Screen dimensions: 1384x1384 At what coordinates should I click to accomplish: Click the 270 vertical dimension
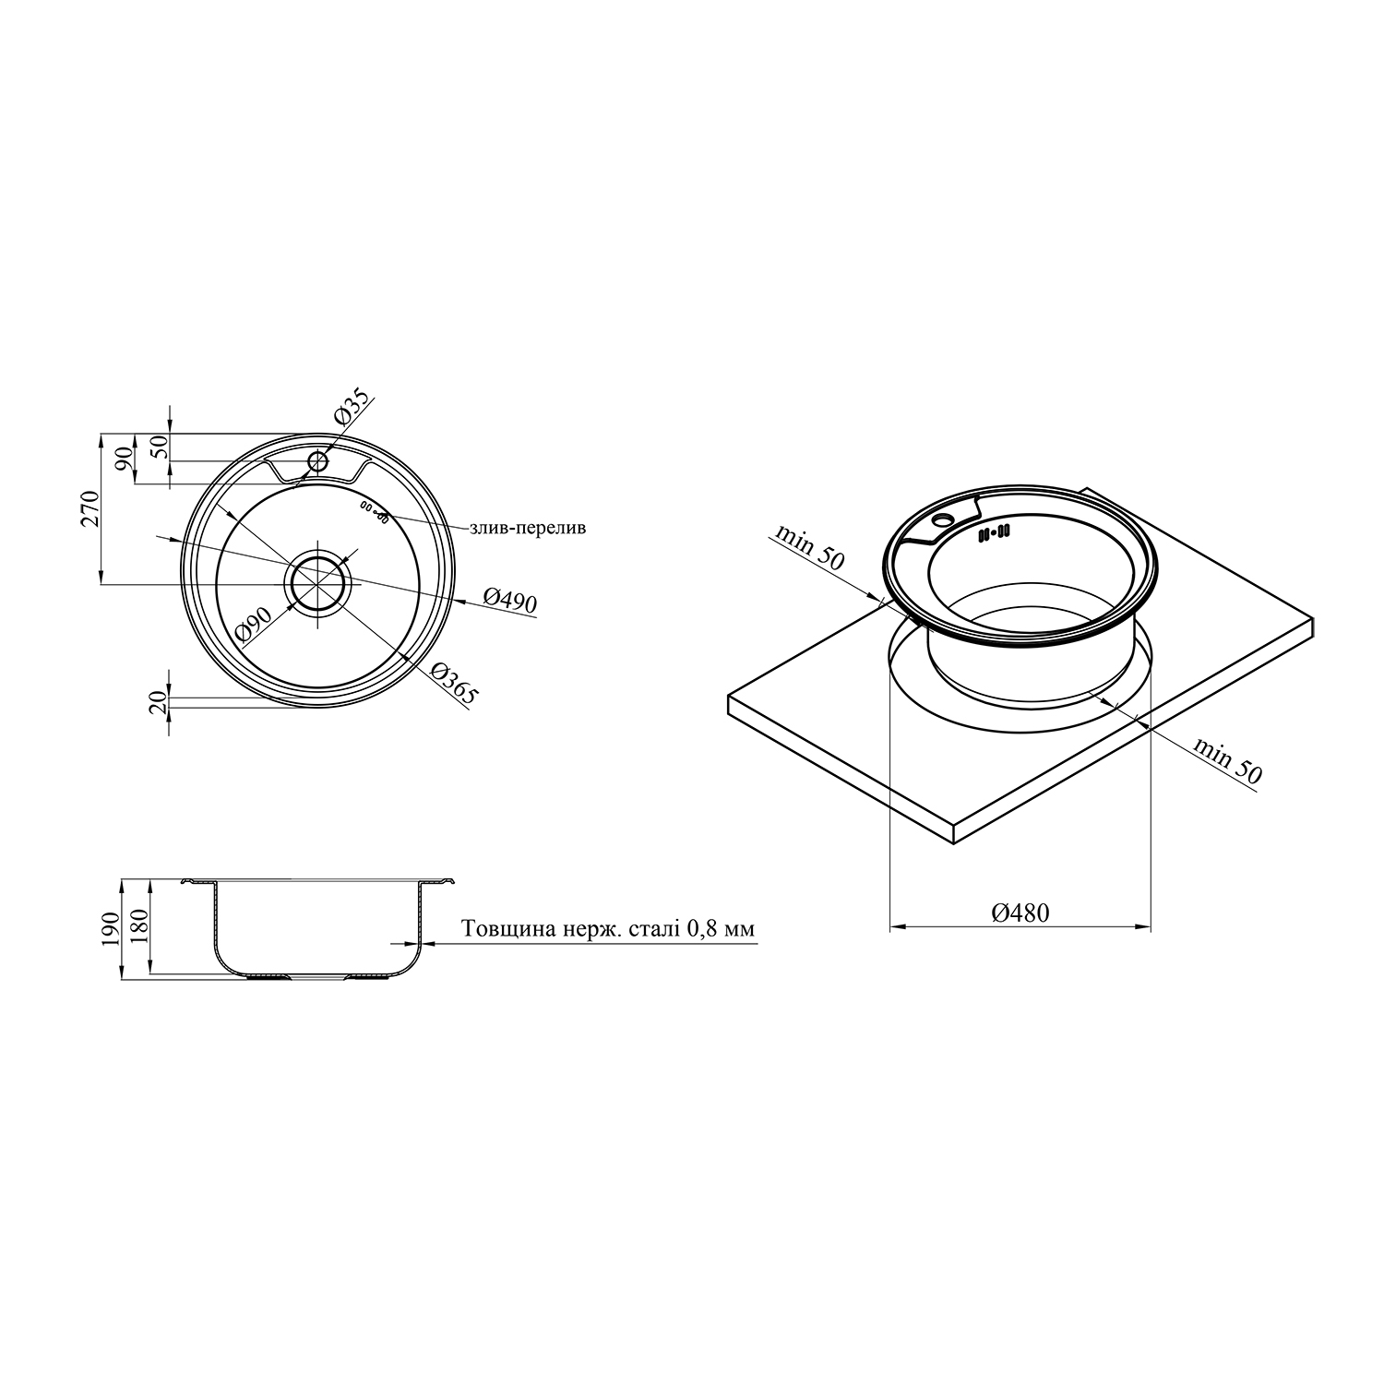pos(89,508)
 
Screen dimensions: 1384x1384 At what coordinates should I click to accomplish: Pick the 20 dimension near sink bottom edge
pos(158,702)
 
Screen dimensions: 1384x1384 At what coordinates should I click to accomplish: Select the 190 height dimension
pos(110,929)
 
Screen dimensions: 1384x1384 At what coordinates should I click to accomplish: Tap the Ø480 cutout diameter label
pos(1020,913)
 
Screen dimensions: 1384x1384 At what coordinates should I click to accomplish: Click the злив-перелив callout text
pos(528,529)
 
